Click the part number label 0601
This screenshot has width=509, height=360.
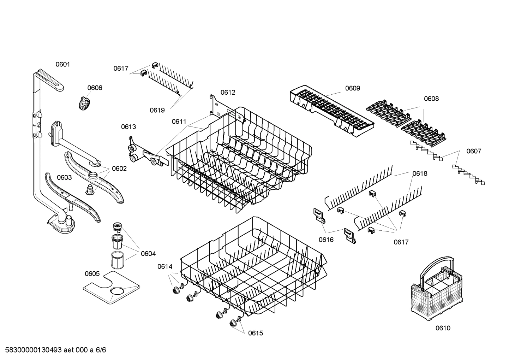(63, 64)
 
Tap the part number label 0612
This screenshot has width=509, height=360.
(228, 93)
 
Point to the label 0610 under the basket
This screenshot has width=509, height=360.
(443, 328)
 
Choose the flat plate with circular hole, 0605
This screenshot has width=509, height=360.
(111, 287)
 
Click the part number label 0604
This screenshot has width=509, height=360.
(148, 254)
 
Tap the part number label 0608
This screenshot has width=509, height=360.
(431, 99)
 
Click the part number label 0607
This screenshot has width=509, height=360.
(473, 151)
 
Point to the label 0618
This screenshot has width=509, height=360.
(420, 173)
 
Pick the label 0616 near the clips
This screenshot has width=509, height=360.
(326, 240)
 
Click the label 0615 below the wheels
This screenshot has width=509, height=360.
(255, 333)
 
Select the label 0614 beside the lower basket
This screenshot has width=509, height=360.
(164, 267)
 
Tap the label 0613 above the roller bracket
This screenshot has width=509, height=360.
(128, 127)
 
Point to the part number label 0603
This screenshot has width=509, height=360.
(64, 177)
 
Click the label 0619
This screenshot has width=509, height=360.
(157, 110)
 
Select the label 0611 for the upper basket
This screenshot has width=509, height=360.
(179, 122)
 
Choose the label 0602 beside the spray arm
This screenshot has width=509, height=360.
(119, 169)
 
